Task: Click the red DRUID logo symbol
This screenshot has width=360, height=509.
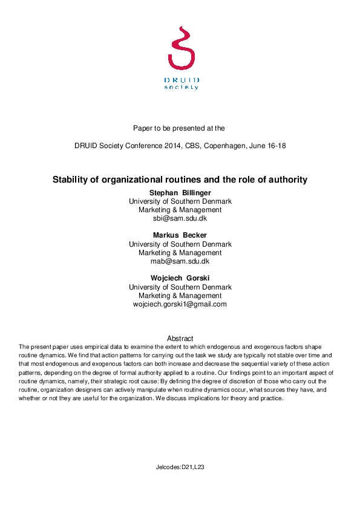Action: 180,48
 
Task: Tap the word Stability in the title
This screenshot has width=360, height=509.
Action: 71,180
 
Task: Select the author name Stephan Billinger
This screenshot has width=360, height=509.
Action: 180,192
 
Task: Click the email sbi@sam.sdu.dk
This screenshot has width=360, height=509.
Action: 180,218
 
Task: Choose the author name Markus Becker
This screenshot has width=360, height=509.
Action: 180,235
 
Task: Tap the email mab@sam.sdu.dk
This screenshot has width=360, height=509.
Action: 180,261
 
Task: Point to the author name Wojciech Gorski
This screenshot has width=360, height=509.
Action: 180,278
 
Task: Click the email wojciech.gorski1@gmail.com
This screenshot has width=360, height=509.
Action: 180,304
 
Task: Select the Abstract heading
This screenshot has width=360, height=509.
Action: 180,339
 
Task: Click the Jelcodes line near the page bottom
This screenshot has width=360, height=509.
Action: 180,467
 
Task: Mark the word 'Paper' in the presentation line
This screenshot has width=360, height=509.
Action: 143,128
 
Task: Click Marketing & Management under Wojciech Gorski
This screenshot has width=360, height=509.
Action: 180,296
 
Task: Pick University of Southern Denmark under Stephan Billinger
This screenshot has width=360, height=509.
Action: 180,201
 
